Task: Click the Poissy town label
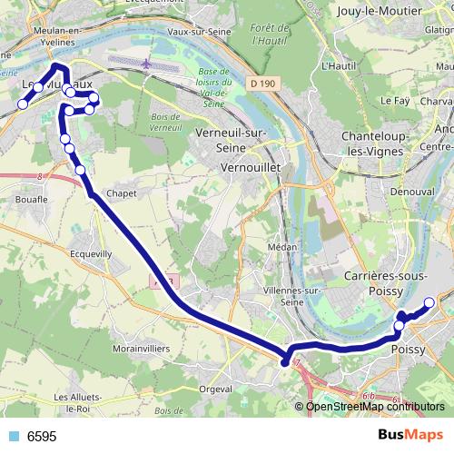point(408,349)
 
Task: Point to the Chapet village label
point(121,192)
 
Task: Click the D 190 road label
point(262,84)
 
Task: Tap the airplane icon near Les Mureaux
point(146,64)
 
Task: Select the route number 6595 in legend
point(42,437)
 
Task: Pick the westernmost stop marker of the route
point(23,104)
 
